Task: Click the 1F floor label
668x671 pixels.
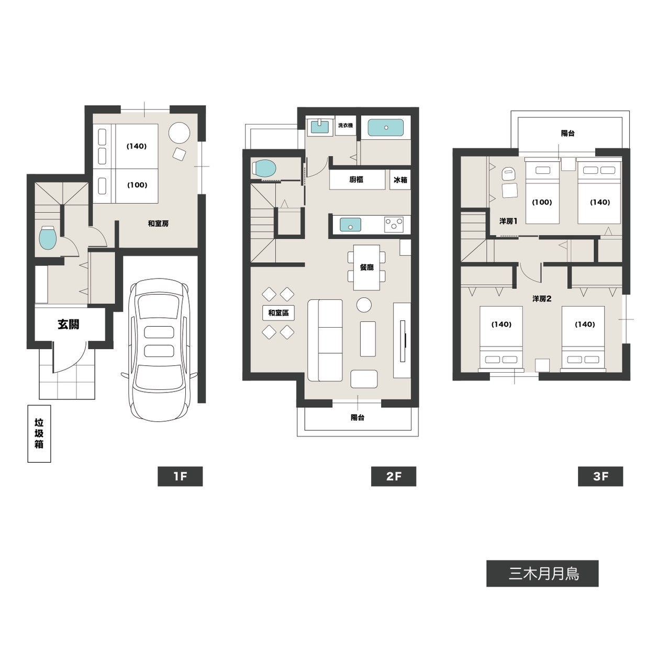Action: click(180, 476)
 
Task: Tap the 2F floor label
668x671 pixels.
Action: click(394, 476)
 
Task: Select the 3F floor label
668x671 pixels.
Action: click(600, 476)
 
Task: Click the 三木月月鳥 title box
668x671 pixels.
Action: click(542, 574)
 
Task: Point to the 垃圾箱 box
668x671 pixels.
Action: click(39, 433)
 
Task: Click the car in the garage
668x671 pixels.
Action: click(159, 350)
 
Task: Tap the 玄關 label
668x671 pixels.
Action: click(68, 325)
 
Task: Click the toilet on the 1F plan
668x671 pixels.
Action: click(48, 238)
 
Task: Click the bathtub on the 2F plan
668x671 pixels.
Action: click(386, 128)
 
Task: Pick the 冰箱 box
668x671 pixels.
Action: click(400, 180)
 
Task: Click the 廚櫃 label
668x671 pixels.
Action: click(357, 180)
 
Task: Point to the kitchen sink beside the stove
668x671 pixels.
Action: click(350, 225)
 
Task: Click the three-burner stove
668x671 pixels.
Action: click(394, 225)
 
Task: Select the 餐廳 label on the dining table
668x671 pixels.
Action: click(366, 267)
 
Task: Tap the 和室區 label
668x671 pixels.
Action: click(279, 312)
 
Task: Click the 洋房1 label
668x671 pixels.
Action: click(508, 221)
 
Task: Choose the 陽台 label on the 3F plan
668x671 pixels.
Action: click(567, 133)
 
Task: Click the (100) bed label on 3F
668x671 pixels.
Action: click(542, 202)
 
